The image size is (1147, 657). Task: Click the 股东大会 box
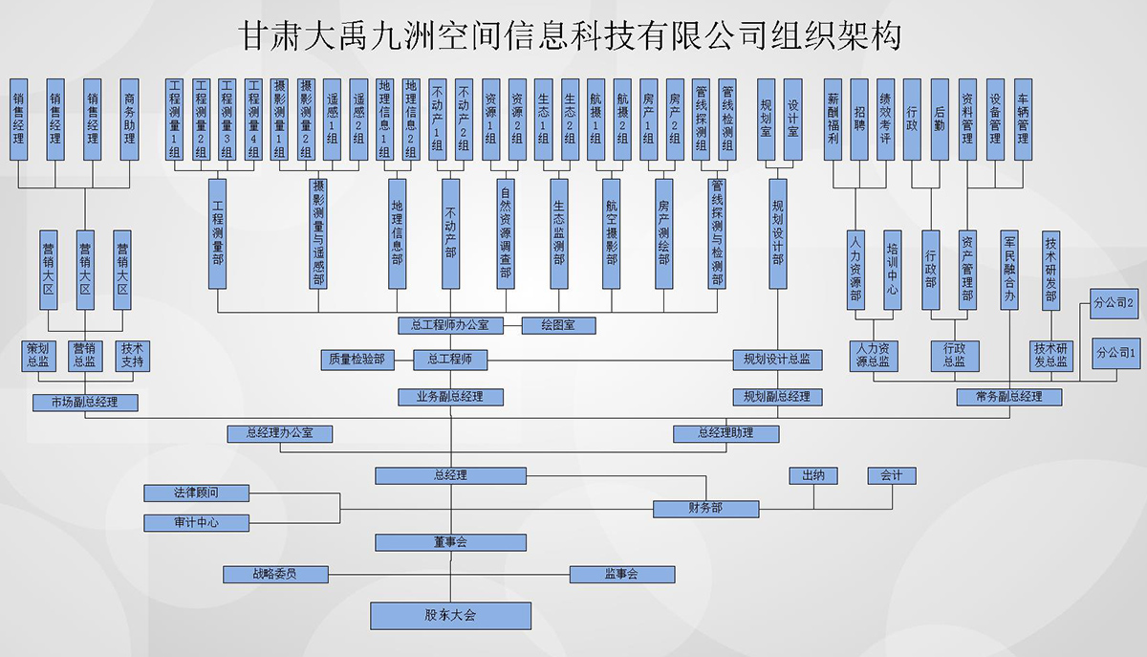coord(450,615)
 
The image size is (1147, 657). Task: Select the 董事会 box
coord(450,542)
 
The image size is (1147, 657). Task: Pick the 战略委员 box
coord(275,574)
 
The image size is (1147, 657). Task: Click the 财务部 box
coord(705,508)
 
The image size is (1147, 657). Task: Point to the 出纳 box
coord(813,475)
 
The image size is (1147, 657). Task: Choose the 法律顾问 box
coord(196,493)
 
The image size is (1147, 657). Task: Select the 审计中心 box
coord(196,523)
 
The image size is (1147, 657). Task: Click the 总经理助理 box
coord(725,433)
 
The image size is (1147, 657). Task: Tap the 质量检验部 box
coord(356,360)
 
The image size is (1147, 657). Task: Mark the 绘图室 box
coord(558,325)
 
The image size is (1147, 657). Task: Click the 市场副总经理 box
coord(85,403)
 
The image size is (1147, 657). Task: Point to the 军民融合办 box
coord(1009,269)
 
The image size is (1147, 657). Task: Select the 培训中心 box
coord(892,269)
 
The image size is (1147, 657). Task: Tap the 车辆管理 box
coord(1023,119)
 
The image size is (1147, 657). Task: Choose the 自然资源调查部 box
coord(506,232)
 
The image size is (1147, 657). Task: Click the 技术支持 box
coord(132,355)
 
